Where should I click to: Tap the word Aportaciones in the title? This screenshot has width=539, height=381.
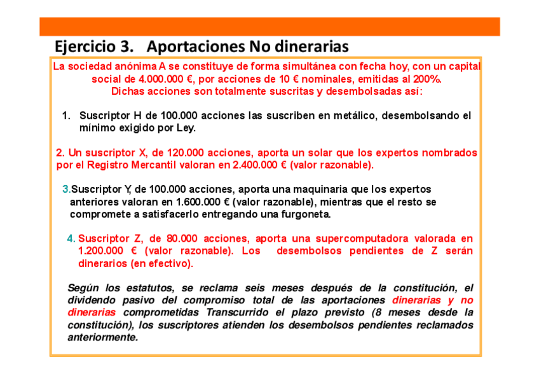coord(195,46)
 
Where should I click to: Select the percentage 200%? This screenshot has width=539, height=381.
coord(427,80)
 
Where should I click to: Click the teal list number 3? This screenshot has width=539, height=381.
coord(66,190)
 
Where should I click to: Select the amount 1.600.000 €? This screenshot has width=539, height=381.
coord(203,202)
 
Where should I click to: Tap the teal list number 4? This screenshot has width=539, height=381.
coord(71,239)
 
